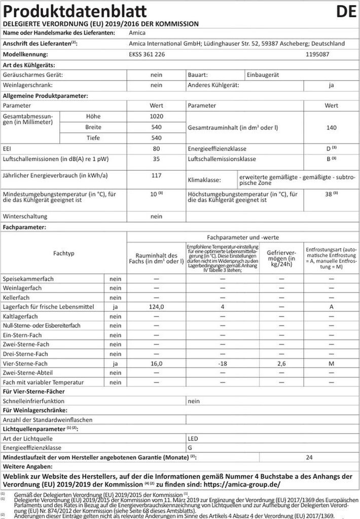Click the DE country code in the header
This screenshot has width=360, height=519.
[x=346, y=11]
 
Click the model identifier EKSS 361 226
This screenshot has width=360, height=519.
[x=146, y=54]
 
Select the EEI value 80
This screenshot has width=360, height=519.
[x=156, y=149]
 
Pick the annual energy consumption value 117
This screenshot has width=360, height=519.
[x=156, y=175]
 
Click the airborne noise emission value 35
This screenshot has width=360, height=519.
[x=156, y=159]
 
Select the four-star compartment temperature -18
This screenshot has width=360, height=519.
[x=222, y=363]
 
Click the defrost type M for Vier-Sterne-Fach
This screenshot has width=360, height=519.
[x=331, y=363]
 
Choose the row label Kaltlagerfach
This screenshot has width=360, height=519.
[x=21, y=316]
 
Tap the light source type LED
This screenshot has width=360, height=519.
[x=193, y=437]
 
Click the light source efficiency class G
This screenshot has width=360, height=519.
[x=190, y=448]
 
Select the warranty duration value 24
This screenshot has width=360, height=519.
[x=309, y=457]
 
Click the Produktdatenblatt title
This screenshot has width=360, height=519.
[x=76, y=11]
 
